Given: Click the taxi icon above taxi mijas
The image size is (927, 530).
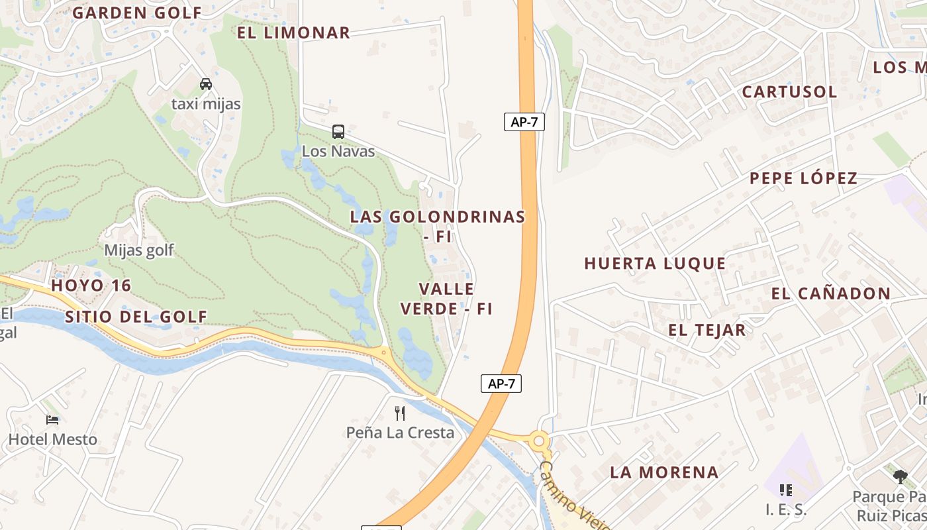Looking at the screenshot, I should [x=206, y=84].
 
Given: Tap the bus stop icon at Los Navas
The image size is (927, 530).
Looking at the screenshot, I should [x=338, y=131].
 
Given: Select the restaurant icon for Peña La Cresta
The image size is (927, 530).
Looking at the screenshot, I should [x=400, y=413].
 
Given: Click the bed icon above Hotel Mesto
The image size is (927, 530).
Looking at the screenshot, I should [x=52, y=419].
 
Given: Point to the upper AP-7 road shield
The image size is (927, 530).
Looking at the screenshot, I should [x=524, y=122].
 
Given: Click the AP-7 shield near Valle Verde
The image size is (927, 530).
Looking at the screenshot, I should [x=501, y=384].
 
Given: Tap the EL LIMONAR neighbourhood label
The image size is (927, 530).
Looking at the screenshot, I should [x=293, y=32].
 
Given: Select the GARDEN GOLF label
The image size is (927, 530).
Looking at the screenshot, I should [x=137, y=13].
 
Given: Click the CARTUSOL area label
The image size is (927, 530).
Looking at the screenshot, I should [x=789, y=91].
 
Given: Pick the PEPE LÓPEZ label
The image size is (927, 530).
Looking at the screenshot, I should [x=803, y=178].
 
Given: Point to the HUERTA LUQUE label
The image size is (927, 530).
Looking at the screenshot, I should [x=655, y=263].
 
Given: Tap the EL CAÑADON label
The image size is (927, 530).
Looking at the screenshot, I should [x=831, y=293].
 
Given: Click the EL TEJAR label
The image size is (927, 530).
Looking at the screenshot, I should [x=707, y=330].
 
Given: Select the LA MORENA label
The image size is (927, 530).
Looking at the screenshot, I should [x=664, y=472].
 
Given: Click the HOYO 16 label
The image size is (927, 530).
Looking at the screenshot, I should [x=91, y=286].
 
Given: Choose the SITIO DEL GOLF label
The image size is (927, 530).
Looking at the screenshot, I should [x=136, y=317].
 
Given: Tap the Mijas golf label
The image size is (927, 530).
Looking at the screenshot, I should [x=139, y=250].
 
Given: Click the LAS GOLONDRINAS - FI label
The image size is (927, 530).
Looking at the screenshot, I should [x=438, y=225].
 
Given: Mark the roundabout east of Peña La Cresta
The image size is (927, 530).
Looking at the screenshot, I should [x=540, y=440].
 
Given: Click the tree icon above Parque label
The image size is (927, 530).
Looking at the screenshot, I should [x=900, y=476].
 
